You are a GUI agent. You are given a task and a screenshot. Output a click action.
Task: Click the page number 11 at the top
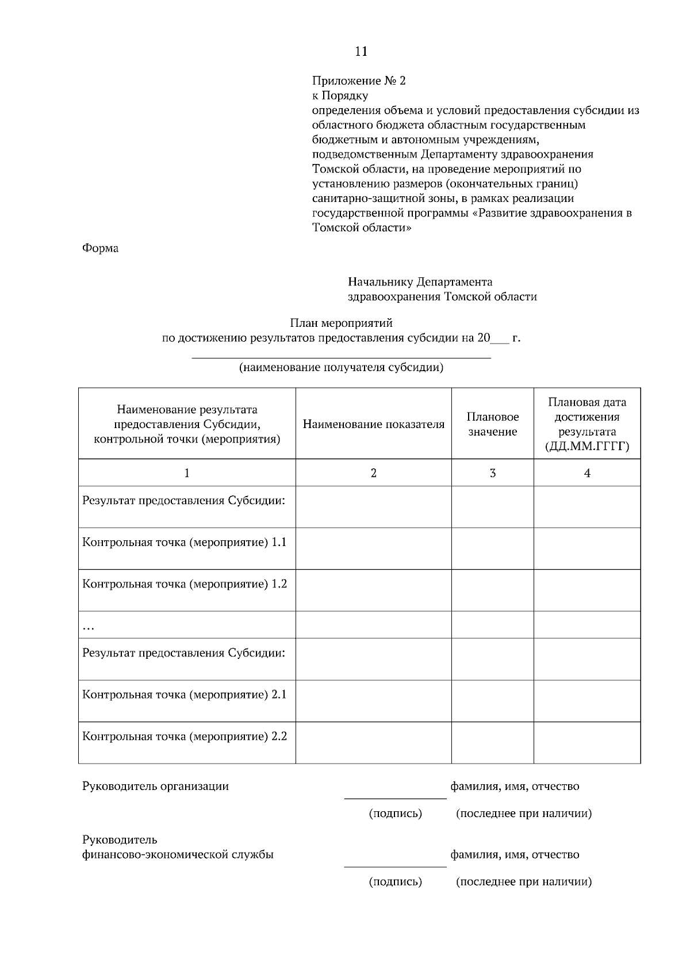tap(361, 52)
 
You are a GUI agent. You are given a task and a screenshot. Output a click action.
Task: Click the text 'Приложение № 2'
tap(359, 81)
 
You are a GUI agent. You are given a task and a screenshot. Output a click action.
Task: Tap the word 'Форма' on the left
tap(100, 249)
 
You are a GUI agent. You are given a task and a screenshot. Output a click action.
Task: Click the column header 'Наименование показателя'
tap(374, 425)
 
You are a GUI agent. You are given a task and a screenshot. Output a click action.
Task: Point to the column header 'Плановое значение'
tap(492, 424)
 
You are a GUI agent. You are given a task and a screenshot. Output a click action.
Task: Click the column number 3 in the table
tap(492, 473)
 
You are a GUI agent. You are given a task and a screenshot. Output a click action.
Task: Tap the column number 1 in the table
tap(187, 473)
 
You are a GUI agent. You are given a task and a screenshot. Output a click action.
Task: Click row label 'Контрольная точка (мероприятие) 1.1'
tap(185, 542)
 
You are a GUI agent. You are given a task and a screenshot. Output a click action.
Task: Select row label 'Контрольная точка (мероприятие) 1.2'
tap(185, 584)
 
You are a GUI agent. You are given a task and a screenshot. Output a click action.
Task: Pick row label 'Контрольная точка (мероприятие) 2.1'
tap(185, 694)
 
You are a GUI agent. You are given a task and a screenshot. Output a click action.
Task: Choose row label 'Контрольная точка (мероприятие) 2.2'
tap(185, 736)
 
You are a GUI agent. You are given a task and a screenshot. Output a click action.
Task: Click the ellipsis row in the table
tap(89, 627)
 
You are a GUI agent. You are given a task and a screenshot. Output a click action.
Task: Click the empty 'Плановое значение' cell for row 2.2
tap(492, 743)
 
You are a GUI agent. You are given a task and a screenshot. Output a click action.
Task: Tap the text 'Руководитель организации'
tap(155, 787)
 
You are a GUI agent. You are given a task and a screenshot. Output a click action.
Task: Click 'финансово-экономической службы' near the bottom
tap(178, 854)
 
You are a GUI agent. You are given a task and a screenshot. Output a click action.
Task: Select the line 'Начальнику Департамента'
tap(420, 282)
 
